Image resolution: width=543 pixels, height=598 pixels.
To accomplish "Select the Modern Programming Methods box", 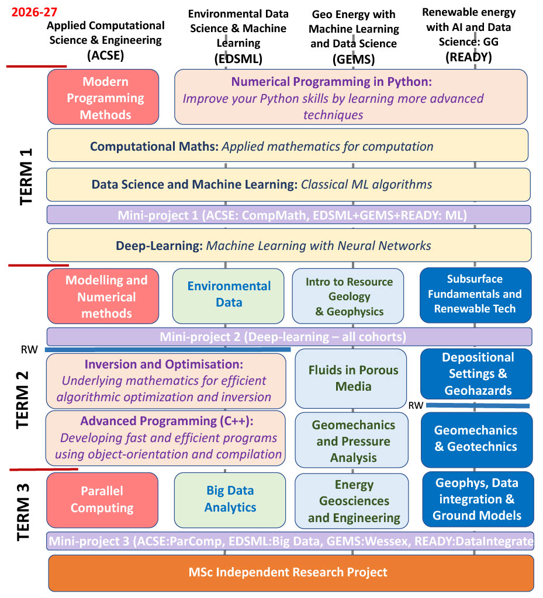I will tap(103, 98).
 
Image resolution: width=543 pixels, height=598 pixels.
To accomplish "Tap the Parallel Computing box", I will tap(102, 499).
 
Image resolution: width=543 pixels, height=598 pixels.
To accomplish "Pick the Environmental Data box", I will tap(230, 294).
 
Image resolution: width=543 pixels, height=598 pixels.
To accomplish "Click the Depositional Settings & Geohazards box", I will tap(477, 374).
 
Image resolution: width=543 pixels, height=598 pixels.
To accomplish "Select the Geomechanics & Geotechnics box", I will tap(476, 439).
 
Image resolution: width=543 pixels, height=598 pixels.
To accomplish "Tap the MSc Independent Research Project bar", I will tap(290, 572).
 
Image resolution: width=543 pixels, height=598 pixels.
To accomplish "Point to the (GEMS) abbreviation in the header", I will tap(353, 59).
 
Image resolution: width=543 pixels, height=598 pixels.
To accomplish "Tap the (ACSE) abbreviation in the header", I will tap(106, 55).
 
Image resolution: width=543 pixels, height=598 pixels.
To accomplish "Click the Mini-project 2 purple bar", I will tap(289, 337).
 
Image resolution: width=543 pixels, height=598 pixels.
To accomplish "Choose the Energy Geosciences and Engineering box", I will tap(354, 501).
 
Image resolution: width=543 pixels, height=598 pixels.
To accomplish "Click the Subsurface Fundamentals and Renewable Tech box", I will tap(475, 294).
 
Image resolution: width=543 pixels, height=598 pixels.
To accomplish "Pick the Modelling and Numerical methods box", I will tap(103, 297).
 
